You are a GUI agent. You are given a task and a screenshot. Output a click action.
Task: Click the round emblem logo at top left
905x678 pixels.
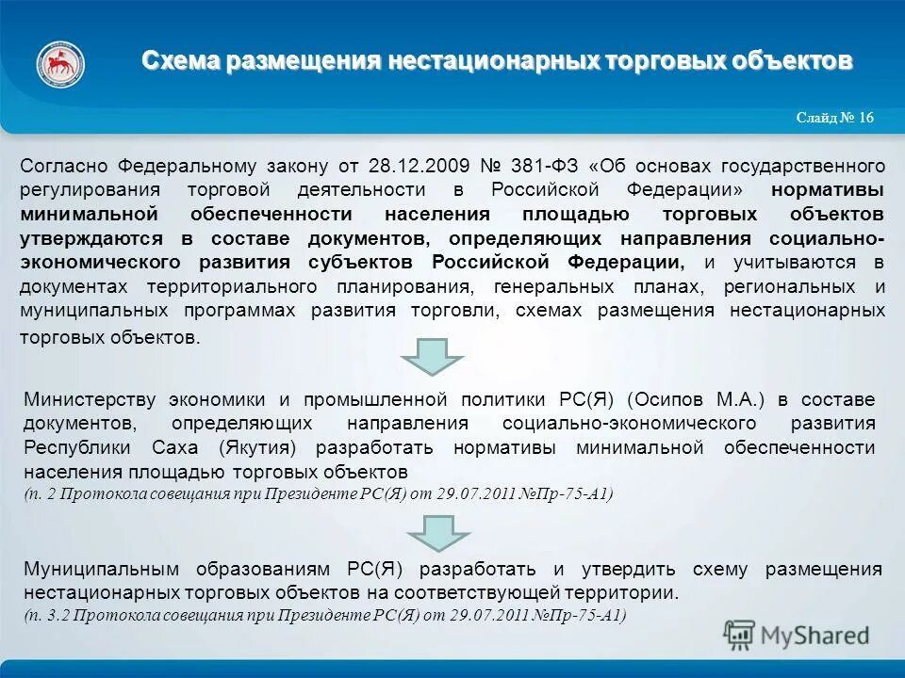(60, 63)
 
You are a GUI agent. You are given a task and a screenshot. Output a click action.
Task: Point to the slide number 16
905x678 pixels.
(864, 118)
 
